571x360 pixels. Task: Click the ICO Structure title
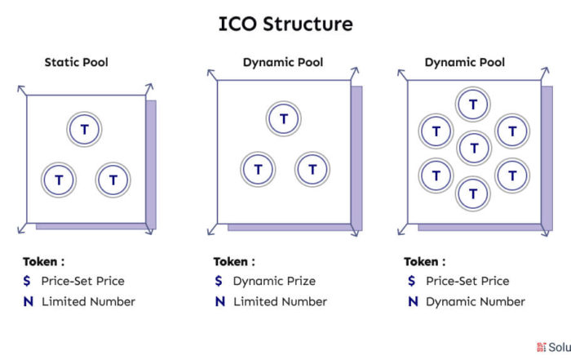pyautogui.click(x=285, y=24)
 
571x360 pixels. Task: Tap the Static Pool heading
pyautogui.click(x=77, y=62)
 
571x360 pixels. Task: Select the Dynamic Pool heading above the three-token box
pyautogui.click(x=283, y=62)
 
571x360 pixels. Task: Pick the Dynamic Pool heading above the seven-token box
pyautogui.click(x=465, y=62)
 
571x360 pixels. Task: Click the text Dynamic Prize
pyautogui.click(x=274, y=281)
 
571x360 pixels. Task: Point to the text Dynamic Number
pyautogui.click(x=476, y=302)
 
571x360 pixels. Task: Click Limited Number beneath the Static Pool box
pyautogui.click(x=88, y=302)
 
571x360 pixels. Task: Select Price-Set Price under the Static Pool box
pyautogui.click(x=82, y=281)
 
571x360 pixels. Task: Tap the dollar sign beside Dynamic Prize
pyautogui.click(x=219, y=281)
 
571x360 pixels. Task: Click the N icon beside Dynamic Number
pyautogui.click(x=413, y=302)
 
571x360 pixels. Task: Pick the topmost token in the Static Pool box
pyautogui.click(x=84, y=129)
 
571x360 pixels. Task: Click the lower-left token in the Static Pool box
pyautogui.click(x=59, y=180)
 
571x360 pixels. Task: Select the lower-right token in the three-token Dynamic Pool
pyautogui.click(x=312, y=170)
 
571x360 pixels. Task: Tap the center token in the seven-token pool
pyautogui.click(x=474, y=149)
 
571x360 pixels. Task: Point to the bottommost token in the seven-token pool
pyautogui.click(x=472, y=193)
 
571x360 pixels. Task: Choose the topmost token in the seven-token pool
pyautogui.click(x=472, y=104)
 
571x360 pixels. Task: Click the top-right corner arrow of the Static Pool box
pyautogui.click(x=149, y=89)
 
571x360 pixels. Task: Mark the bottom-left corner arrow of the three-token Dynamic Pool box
pyautogui.click(x=212, y=229)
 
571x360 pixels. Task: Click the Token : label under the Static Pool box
pyautogui.click(x=44, y=261)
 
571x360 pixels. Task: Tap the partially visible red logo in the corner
pyautogui.click(x=541, y=347)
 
